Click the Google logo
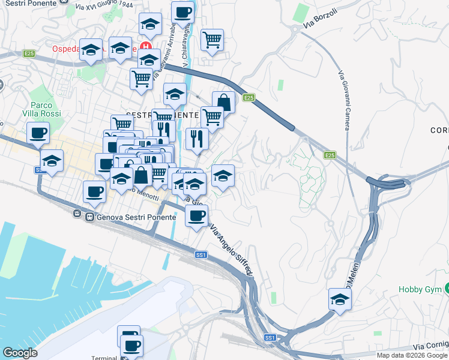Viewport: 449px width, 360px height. (20, 353)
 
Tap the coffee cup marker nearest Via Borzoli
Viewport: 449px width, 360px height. (182, 12)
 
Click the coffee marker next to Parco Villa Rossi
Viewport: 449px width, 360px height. (38, 133)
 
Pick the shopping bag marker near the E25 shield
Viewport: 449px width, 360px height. (223, 102)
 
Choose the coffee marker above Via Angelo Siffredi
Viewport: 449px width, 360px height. (196, 216)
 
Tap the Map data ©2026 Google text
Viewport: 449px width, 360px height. (412, 355)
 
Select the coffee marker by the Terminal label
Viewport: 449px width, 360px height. (131, 346)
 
